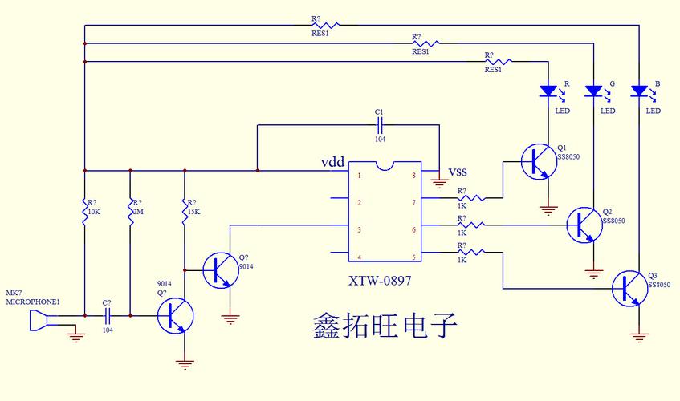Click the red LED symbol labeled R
pos(549,91)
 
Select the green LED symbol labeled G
pos(594,91)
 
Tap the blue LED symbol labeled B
pos(639,91)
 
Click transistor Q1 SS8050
pos(536,162)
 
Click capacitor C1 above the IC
pos(380,124)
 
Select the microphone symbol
pos(36,322)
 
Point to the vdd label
pos(333,162)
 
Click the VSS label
pos(458,172)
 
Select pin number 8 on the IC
pos(414,175)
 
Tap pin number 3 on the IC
pos(359,230)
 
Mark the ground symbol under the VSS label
pos(438,183)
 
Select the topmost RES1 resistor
pos(326,25)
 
